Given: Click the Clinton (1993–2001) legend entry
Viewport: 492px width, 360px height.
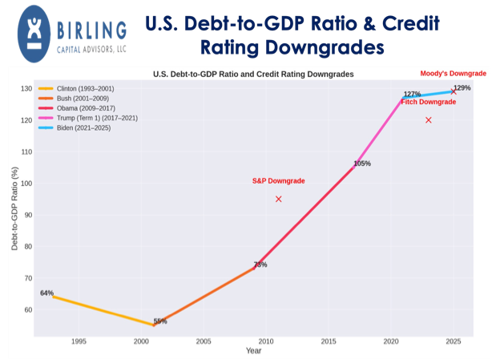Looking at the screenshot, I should click(81, 88).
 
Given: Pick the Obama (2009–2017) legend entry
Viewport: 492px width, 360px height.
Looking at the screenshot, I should click(80, 107).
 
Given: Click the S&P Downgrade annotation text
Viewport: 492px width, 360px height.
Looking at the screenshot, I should click(278, 181).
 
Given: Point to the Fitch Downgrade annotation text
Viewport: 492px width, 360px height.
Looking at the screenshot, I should click(428, 102).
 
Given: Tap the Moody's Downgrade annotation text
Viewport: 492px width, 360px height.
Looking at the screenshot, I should click(453, 74).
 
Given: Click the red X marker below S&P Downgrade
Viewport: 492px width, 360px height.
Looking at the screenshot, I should click(278, 199).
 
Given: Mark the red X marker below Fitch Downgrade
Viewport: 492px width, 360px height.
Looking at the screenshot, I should click(429, 120).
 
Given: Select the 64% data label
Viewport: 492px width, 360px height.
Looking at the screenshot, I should click(46, 293).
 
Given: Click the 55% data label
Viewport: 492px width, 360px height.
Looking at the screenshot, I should click(160, 322).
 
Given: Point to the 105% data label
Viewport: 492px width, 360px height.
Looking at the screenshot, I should click(362, 164).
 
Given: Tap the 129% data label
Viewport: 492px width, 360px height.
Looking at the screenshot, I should click(462, 88).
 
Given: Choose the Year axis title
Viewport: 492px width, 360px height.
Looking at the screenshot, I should click(253, 351).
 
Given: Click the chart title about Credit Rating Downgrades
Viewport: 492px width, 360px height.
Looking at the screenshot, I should click(253, 75).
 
